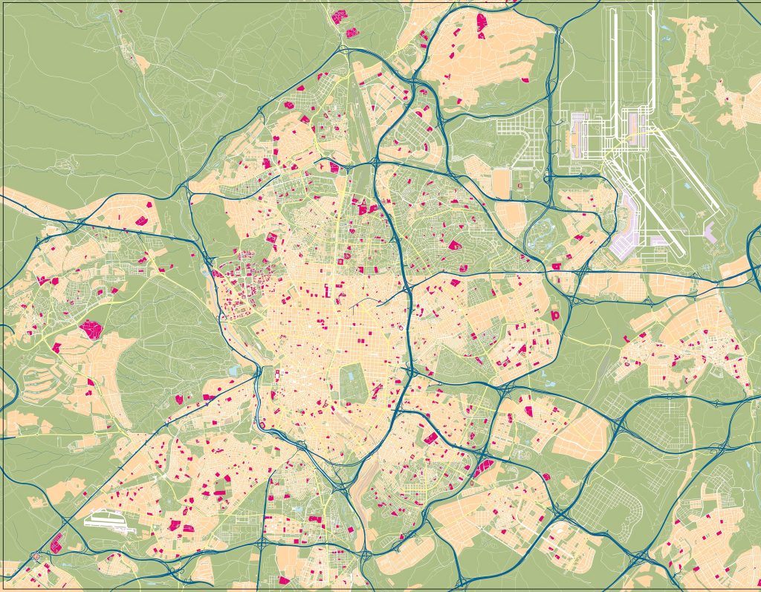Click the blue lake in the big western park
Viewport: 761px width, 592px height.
(236, 369)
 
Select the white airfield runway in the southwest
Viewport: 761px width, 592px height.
(111, 521)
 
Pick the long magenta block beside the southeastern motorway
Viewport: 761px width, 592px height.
(483, 468)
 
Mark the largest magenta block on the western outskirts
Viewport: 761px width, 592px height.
(91, 329)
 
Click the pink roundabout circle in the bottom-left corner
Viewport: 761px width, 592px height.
(36, 556)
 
